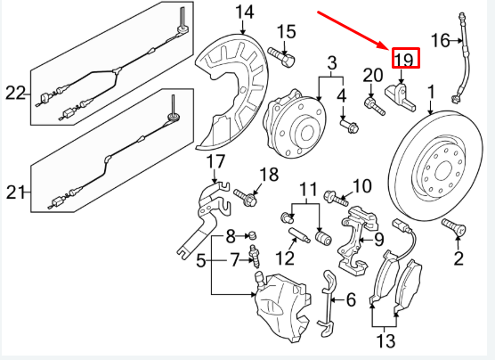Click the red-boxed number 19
pos(404,60)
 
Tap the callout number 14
pos(244,12)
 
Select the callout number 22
pos(15,93)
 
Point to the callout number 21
pos(15,191)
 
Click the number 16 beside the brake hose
pos(441,40)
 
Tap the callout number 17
pos(216,161)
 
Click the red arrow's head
pos(385,47)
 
